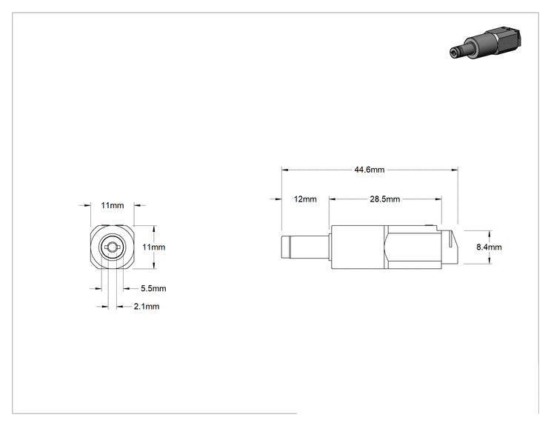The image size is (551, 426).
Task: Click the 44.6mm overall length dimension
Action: (370, 170)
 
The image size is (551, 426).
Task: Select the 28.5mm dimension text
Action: (385, 199)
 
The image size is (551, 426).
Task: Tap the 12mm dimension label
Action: (305, 199)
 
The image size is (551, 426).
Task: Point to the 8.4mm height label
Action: (489, 247)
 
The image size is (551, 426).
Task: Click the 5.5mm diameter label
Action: (153, 289)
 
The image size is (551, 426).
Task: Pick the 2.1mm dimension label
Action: (147, 307)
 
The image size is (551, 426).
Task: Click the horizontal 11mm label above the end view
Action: (113, 205)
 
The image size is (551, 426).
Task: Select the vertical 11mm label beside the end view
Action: (153, 247)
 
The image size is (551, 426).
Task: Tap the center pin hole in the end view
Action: (112, 247)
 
